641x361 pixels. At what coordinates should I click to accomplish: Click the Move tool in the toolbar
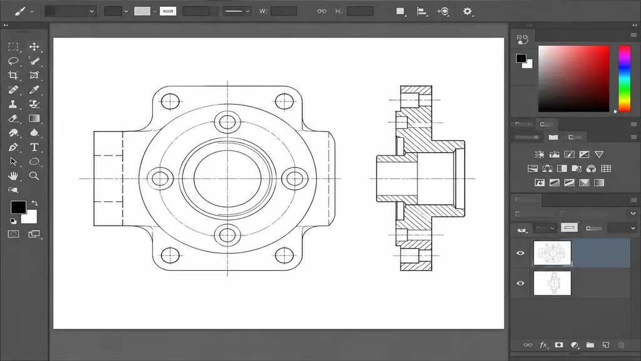[x=34, y=46]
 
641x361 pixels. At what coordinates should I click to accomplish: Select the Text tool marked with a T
[x=34, y=147]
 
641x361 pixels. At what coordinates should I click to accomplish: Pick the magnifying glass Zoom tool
[x=34, y=176]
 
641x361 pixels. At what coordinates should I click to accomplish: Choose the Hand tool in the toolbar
[x=13, y=176]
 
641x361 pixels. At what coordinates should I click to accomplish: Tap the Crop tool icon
[x=13, y=75]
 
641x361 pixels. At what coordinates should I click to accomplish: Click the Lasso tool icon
[x=13, y=61]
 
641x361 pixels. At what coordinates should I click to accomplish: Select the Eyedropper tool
[x=34, y=90]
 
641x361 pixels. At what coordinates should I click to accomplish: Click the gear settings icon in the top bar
[x=467, y=11]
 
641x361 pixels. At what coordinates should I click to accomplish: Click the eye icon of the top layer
[x=520, y=253]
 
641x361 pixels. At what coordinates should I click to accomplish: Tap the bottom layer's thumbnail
[x=552, y=283]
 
